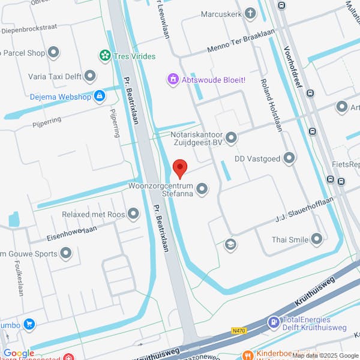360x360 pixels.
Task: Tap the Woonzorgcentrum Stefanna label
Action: click(x=161, y=190)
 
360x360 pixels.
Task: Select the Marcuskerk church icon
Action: click(x=250, y=13)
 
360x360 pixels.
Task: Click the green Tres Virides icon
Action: click(x=105, y=56)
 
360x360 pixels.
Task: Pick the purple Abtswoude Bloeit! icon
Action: click(x=173, y=79)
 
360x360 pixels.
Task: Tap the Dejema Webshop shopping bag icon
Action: click(x=99, y=96)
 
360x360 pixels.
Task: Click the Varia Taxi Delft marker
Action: click(x=90, y=76)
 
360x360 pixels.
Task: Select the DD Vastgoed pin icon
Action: click(x=290, y=158)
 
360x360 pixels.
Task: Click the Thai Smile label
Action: click(x=289, y=240)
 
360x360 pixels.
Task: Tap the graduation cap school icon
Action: click(x=229, y=244)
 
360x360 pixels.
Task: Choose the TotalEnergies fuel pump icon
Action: click(x=274, y=322)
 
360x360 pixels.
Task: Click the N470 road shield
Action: click(x=239, y=329)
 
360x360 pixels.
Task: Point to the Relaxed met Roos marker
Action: click(x=133, y=214)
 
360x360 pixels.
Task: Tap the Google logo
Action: click(x=19, y=353)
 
